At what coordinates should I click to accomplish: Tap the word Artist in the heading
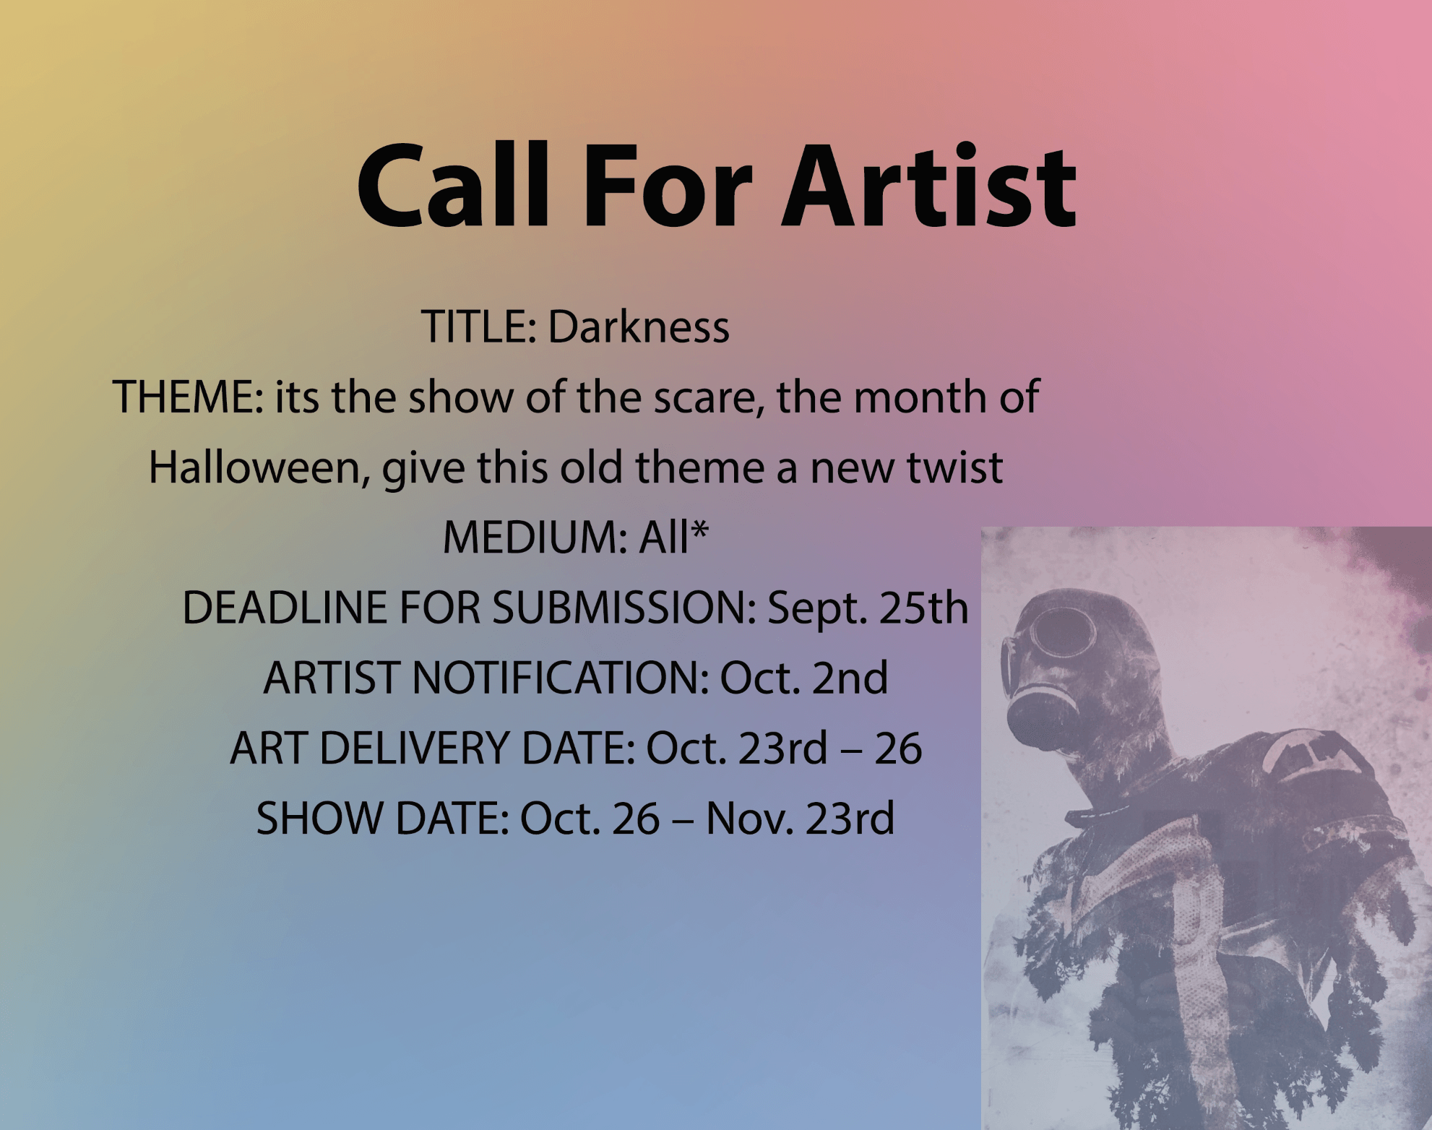pos(930,186)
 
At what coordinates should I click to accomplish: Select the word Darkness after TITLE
pos(639,327)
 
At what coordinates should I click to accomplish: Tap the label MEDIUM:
pos(535,538)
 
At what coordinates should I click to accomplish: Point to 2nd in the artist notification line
pos(850,678)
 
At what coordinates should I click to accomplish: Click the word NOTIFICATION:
pos(561,678)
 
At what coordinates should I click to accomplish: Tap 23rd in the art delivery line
pos(782,748)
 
